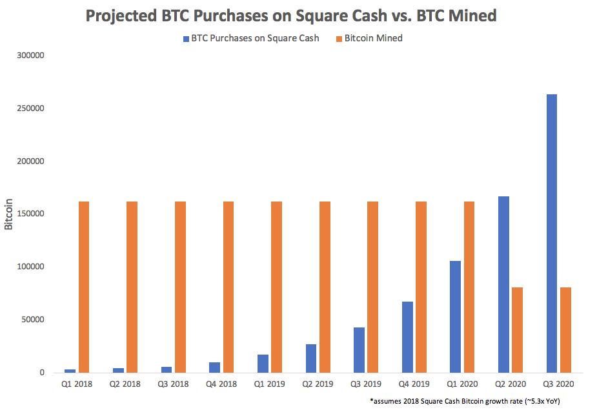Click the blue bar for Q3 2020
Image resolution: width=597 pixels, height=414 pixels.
pyautogui.click(x=552, y=233)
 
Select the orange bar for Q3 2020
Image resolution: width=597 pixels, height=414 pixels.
pyautogui.click(x=565, y=330)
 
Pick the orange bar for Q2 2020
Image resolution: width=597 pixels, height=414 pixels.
pyautogui.click(x=517, y=330)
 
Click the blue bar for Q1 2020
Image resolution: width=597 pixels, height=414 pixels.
pyautogui.click(x=455, y=316)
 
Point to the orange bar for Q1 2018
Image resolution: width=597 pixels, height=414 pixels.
pyautogui.click(x=84, y=287)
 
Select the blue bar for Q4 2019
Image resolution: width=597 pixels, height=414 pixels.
pyautogui.click(x=407, y=337)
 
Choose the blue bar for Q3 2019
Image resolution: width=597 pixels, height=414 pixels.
pyautogui.click(x=359, y=349)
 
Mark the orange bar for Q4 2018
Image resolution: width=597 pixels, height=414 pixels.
pyautogui.click(x=228, y=287)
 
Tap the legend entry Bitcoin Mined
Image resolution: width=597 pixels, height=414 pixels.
pyautogui.click(x=373, y=38)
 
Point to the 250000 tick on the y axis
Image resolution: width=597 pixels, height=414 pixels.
pyautogui.click(x=30, y=109)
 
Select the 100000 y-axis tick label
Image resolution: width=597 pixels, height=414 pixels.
pyautogui.click(x=30, y=267)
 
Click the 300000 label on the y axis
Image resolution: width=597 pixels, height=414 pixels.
pyautogui.click(x=30, y=56)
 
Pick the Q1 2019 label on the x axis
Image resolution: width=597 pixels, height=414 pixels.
pyautogui.click(x=270, y=384)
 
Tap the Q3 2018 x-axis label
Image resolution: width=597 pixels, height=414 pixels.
pyautogui.click(x=174, y=384)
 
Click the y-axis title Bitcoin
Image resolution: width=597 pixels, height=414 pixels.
pyautogui.click(x=9, y=213)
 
